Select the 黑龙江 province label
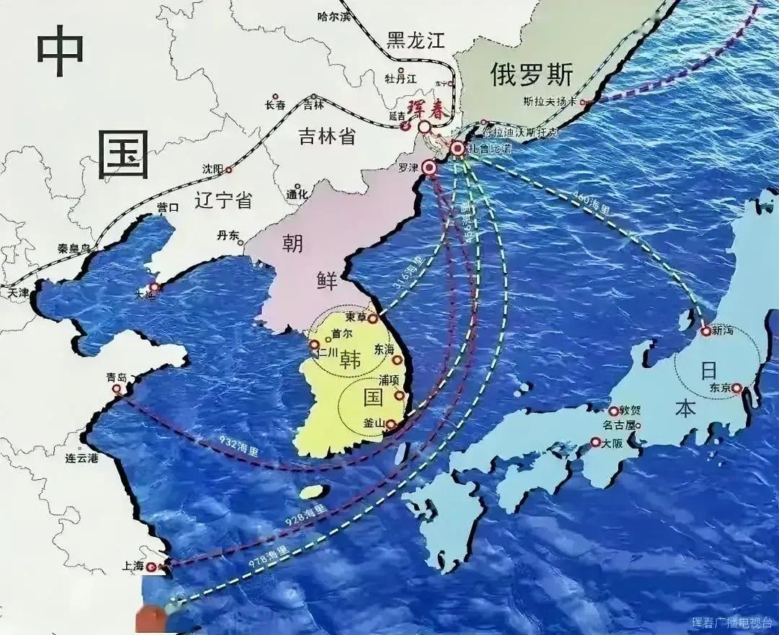coord(416,40)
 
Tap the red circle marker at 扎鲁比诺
coord(458,149)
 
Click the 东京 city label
coord(720,387)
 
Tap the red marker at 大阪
coord(596,442)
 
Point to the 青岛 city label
coord(116,377)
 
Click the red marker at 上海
coord(151,567)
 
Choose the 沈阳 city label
coord(212,169)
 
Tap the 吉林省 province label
coord(327,135)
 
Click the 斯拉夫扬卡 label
coord(550,102)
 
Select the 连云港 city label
coord(82,457)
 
